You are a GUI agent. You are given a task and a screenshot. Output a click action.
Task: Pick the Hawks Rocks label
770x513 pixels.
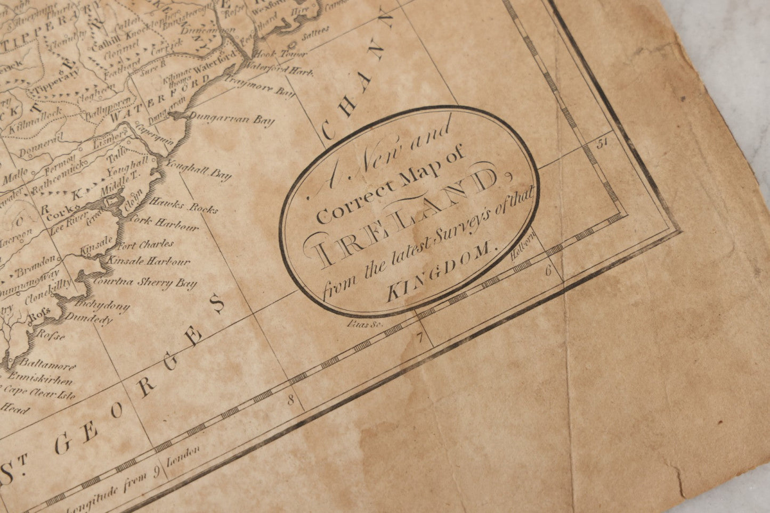184,205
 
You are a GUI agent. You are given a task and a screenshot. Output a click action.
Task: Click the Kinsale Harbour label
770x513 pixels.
149,261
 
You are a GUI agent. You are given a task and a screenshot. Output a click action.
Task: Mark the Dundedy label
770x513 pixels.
88,319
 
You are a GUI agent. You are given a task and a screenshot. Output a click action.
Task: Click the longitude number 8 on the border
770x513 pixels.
291,400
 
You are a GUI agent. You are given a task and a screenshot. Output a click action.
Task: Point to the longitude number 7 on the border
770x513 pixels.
420,336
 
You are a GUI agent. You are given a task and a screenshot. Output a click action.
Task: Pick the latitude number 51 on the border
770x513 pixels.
603,143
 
